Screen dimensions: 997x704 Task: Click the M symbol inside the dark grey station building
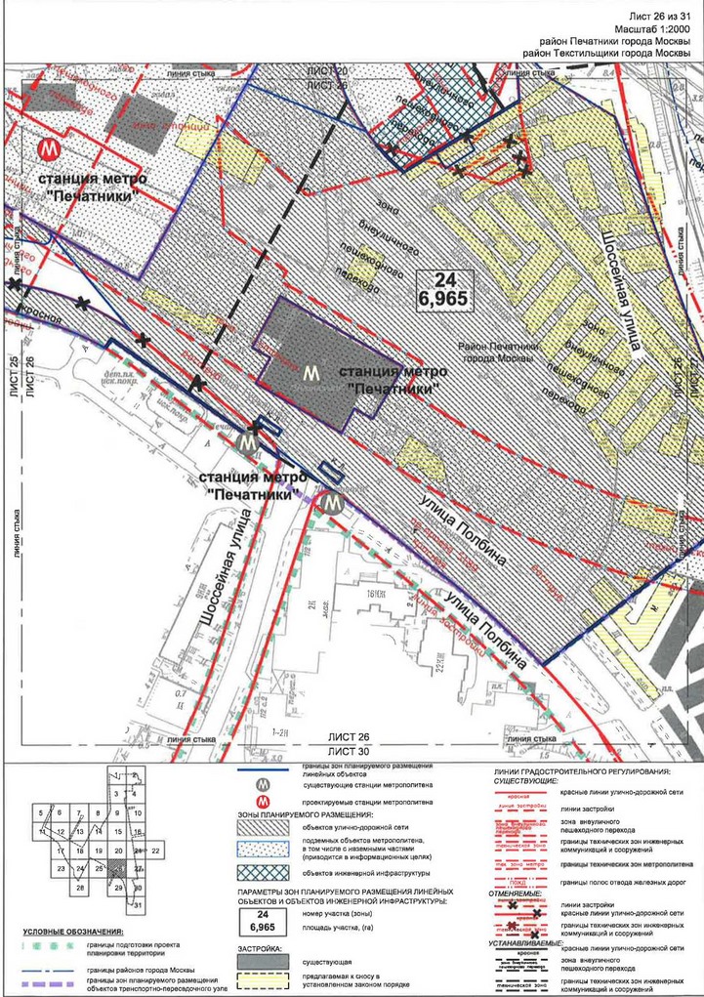(311, 372)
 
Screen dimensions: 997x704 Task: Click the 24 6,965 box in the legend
(261, 919)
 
